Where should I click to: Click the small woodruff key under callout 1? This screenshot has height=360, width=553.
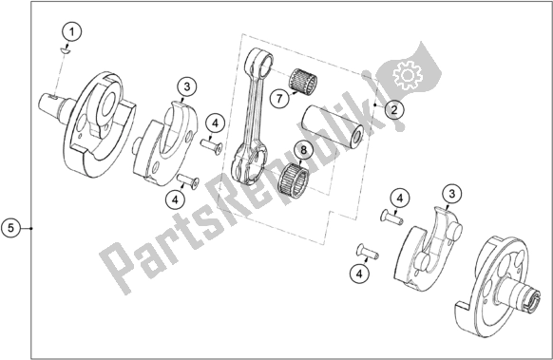click(x=64, y=51)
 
